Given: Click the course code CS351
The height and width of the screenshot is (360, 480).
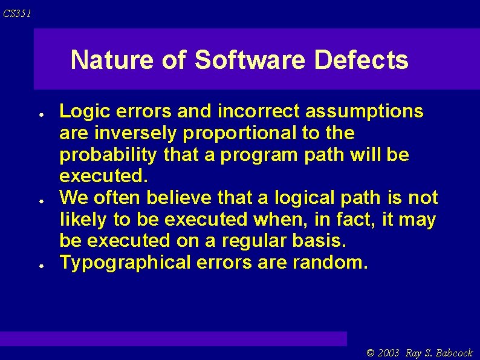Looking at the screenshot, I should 17,13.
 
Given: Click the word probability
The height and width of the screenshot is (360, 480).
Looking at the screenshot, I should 109,155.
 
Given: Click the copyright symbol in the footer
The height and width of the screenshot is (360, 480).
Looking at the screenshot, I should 371,353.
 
